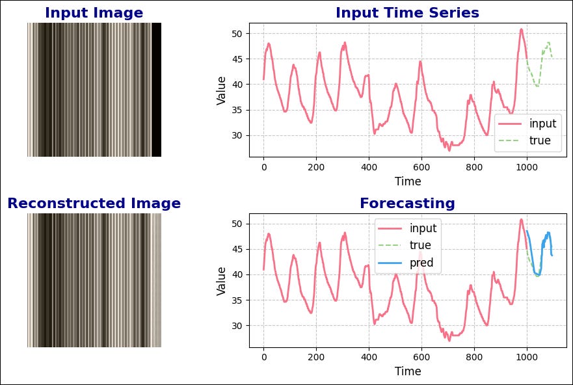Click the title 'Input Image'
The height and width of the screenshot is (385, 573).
click(94, 13)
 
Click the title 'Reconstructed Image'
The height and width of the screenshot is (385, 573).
click(94, 204)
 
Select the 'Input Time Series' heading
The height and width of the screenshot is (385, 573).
click(407, 13)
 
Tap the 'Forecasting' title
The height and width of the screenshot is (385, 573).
click(407, 204)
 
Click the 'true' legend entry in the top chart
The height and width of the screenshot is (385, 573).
click(540, 140)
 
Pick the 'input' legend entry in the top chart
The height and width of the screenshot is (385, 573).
click(542, 124)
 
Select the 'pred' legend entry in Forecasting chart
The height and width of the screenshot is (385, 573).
click(421, 263)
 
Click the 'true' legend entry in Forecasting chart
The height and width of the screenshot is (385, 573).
click(420, 245)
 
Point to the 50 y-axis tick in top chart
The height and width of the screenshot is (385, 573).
click(238, 34)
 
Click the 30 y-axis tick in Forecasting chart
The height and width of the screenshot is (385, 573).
click(238, 326)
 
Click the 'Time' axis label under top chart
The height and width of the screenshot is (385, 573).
click(408, 181)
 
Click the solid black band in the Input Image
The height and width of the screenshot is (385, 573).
click(156, 90)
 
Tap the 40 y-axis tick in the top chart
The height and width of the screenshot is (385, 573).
click(238, 85)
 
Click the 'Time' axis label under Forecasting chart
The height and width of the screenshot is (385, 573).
click(408, 371)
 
